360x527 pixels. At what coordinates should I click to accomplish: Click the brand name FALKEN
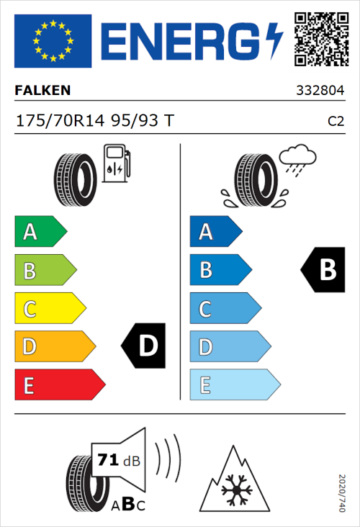42,90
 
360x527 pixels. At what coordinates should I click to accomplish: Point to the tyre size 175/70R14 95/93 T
94,120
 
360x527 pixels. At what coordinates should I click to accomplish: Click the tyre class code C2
336,121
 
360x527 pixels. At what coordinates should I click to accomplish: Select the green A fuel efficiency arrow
40,232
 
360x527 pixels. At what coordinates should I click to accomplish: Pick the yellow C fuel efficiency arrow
49,309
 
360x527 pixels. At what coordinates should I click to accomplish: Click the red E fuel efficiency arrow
58,385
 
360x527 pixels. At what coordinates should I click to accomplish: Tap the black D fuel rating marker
144,346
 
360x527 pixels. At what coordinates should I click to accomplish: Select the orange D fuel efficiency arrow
54,347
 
